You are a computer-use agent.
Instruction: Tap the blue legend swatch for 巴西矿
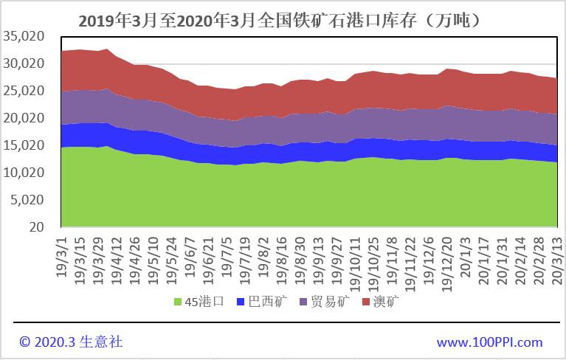[x=240, y=302]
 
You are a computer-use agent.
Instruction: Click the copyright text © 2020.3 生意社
[x=71, y=342]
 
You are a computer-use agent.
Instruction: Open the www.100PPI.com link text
[x=489, y=342]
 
